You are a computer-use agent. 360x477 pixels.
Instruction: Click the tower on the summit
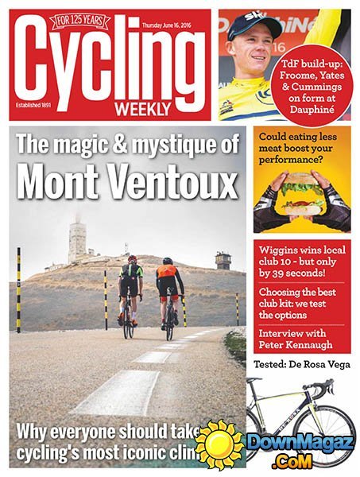coord(78,242)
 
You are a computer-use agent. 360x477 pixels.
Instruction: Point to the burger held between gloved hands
coord(300,195)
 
